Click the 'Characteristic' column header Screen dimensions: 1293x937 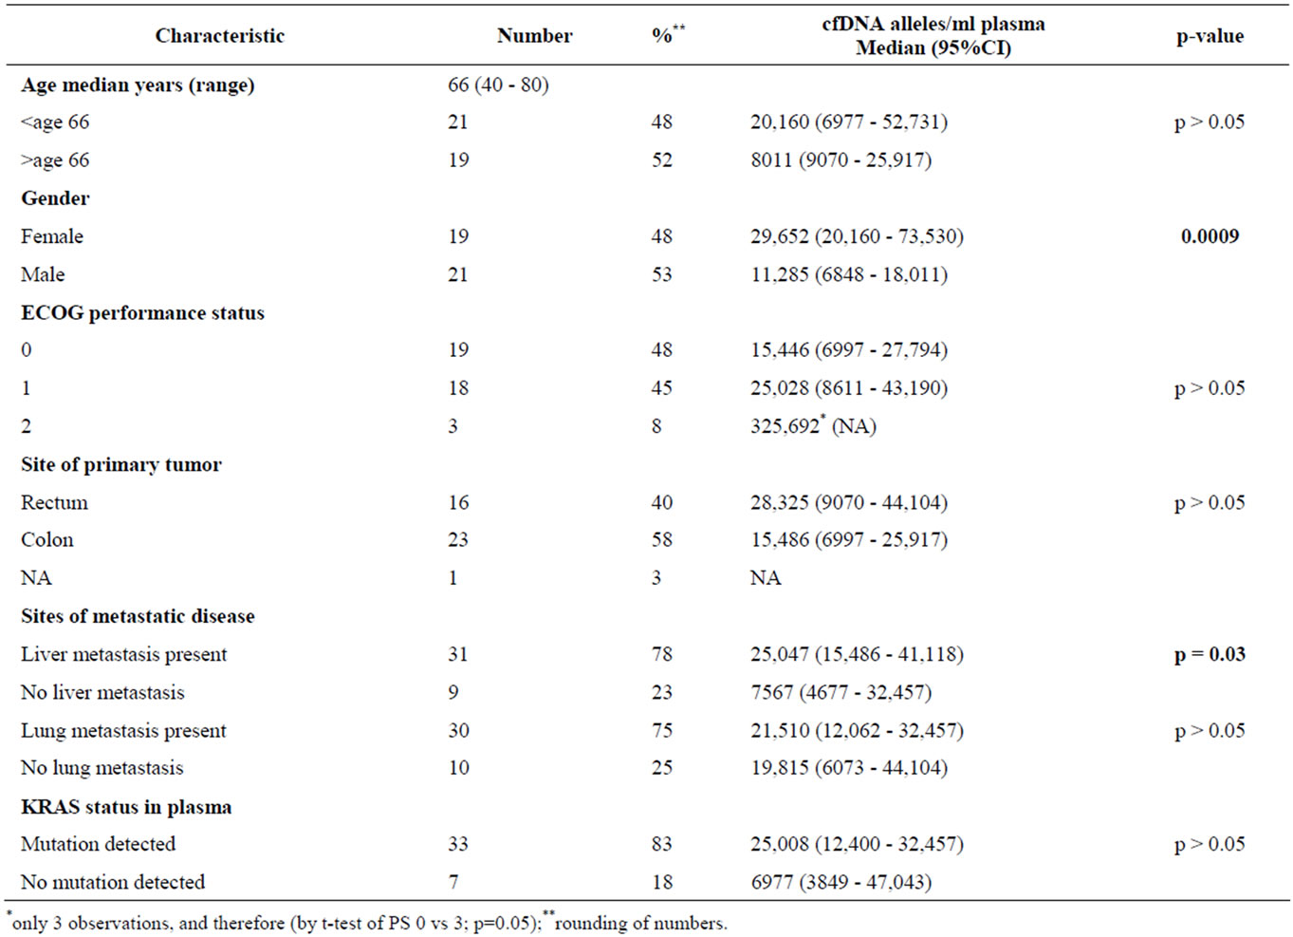pyautogui.click(x=220, y=36)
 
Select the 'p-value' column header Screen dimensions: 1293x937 pyautogui.click(x=1210, y=36)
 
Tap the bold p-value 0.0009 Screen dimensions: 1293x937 pyautogui.click(x=1210, y=235)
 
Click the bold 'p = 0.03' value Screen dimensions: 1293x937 pyautogui.click(x=1210, y=654)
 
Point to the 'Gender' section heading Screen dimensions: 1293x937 pyautogui.click(x=55, y=198)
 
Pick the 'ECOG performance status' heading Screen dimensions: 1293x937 pyautogui.click(x=142, y=312)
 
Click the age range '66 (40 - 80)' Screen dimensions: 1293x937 pyautogui.click(x=498, y=84)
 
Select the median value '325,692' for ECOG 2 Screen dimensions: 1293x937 pyautogui.click(x=785, y=426)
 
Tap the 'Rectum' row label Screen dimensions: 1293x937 pyautogui.click(x=54, y=502)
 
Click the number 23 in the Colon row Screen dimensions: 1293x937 pyautogui.click(x=458, y=539)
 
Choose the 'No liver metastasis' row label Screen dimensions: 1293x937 pyautogui.click(x=102, y=692)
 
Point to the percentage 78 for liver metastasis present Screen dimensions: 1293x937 pyautogui.click(x=662, y=654)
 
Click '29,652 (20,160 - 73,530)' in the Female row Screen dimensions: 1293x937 pyautogui.click(x=857, y=236)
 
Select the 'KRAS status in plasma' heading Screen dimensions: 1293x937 pyautogui.click(x=126, y=806)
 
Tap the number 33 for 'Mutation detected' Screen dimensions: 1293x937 pyautogui.click(x=458, y=844)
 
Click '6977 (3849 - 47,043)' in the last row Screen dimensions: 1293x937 pyautogui.click(x=841, y=882)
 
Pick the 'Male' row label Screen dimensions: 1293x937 pyautogui.click(x=43, y=273)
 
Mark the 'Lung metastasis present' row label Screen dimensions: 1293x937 pyautogui.click(x=123, y=731)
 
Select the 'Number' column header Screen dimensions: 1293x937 pyautogui.click(x=534, y=36)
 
